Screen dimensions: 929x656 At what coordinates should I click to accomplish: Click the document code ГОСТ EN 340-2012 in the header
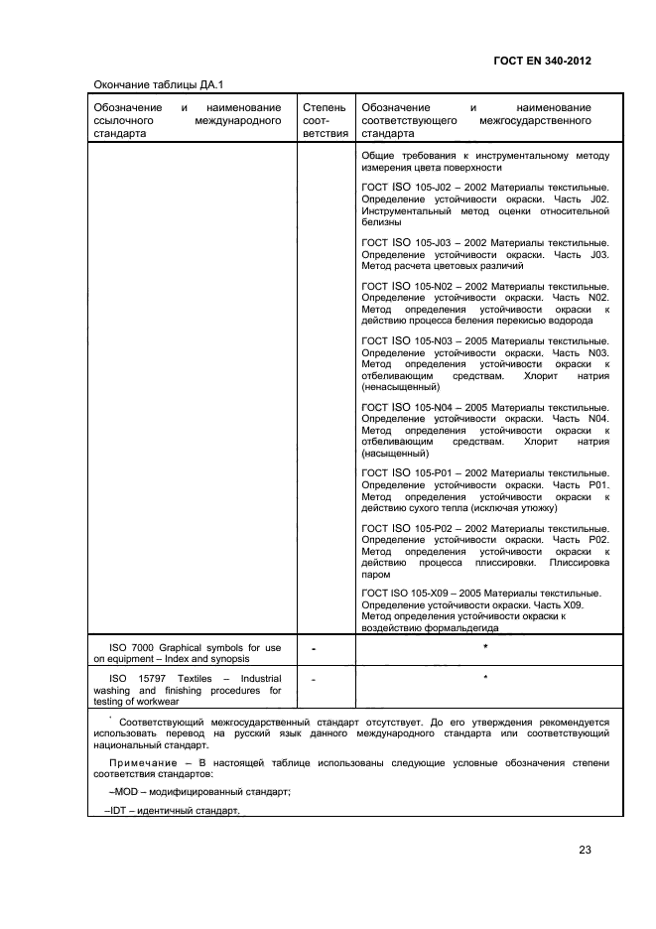pyautogui.click(x=542, y=61)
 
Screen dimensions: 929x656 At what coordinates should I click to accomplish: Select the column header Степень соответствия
pyautogui.click(x=325, y=119)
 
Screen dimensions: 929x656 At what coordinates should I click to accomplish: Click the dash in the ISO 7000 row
pyautogui.click(x=314, y=650)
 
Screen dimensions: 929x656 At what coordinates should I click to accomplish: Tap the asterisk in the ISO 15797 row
pyautogui.click(x=485, y=680)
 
